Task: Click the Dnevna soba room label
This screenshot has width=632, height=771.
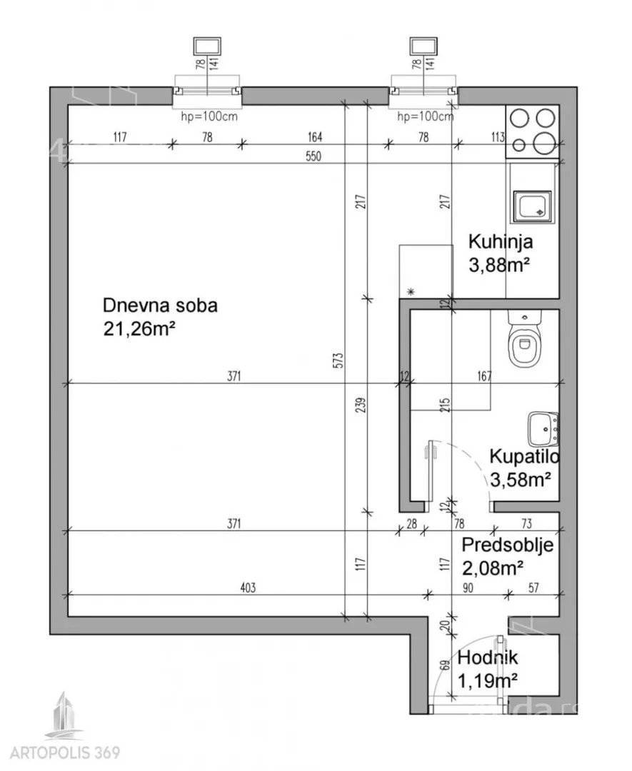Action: coord(160,306)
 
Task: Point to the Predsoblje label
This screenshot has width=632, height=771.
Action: coord(506,545)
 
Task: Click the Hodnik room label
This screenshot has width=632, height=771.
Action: coord(488,659)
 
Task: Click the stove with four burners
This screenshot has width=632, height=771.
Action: coord(532,131)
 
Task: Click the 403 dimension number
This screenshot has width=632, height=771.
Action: coord(248,588)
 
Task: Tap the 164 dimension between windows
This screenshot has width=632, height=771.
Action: coord(315,137)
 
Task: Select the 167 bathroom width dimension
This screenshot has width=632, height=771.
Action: coord(484,376)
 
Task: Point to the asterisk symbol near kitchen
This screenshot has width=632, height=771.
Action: coord(410,291)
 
